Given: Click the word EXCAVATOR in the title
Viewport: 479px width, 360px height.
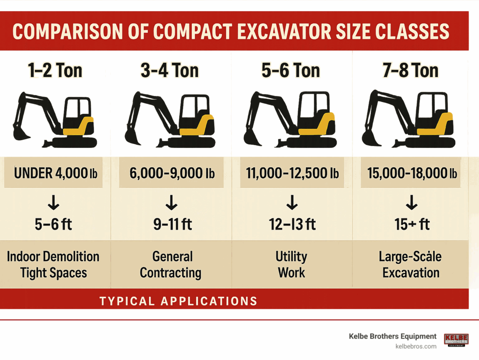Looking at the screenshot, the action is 285,31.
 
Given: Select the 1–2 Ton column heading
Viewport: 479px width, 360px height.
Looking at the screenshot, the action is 55,70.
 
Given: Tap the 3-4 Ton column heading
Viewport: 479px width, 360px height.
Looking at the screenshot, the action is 170,70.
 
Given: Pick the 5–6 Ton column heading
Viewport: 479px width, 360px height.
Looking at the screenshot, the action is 290,70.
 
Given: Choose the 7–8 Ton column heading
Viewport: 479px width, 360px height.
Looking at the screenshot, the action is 411,70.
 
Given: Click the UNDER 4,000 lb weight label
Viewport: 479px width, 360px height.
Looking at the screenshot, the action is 56,173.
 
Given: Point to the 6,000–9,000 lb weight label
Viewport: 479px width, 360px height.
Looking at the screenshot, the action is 172,173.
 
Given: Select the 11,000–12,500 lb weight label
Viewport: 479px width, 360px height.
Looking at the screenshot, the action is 292,173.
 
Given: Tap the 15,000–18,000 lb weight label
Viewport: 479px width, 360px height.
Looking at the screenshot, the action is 412,173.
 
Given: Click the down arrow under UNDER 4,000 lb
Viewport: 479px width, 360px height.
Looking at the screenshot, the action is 54,202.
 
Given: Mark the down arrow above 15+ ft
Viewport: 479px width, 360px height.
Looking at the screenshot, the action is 412,202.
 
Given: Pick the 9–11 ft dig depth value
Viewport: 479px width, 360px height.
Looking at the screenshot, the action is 173,224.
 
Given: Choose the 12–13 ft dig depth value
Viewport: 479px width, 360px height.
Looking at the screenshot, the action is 292,224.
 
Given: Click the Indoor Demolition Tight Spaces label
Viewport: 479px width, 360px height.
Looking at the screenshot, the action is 53,264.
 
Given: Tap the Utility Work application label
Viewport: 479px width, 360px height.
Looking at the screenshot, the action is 291,264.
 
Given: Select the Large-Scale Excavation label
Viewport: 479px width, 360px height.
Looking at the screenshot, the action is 410,264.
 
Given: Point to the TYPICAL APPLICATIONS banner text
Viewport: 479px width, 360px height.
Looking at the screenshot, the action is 179,301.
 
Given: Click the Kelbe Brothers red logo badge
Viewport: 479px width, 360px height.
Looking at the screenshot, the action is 456,340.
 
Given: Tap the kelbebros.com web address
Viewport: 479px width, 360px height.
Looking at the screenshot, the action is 416,346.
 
